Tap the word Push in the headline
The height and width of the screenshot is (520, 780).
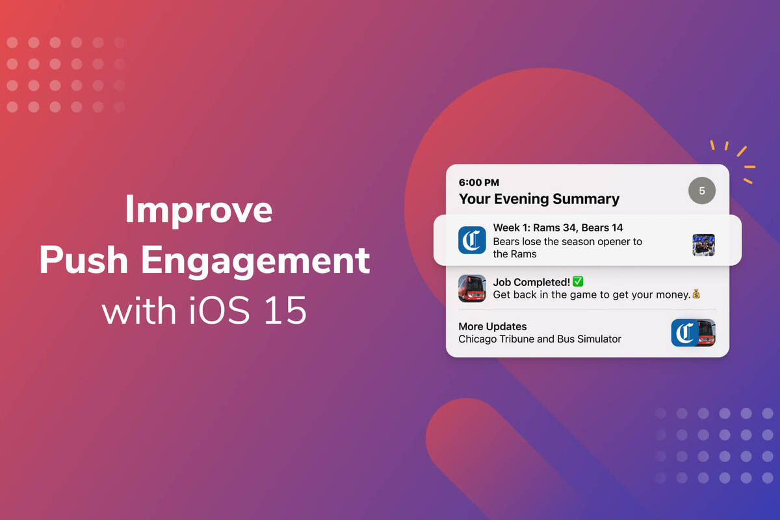(83, 261)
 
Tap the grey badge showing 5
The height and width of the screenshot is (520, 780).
(701, 191)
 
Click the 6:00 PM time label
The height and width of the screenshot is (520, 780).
(479, 183)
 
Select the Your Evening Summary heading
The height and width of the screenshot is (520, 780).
(539, 199)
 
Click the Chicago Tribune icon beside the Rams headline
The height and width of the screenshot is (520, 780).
(472, 240)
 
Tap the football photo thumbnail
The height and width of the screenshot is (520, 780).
(703, 245)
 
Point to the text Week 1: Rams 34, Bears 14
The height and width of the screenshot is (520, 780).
(558, 227)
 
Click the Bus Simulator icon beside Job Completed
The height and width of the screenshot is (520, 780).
(472, 288)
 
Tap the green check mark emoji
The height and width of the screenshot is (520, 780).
(578, 281)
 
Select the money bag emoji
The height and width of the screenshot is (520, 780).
(696, 294)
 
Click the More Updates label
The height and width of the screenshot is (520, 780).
(493, 326)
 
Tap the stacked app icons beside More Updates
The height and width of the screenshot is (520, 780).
(693, 333)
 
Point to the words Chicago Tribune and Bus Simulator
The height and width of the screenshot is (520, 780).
(539, 339)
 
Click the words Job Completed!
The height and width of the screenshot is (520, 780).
(531, 282)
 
